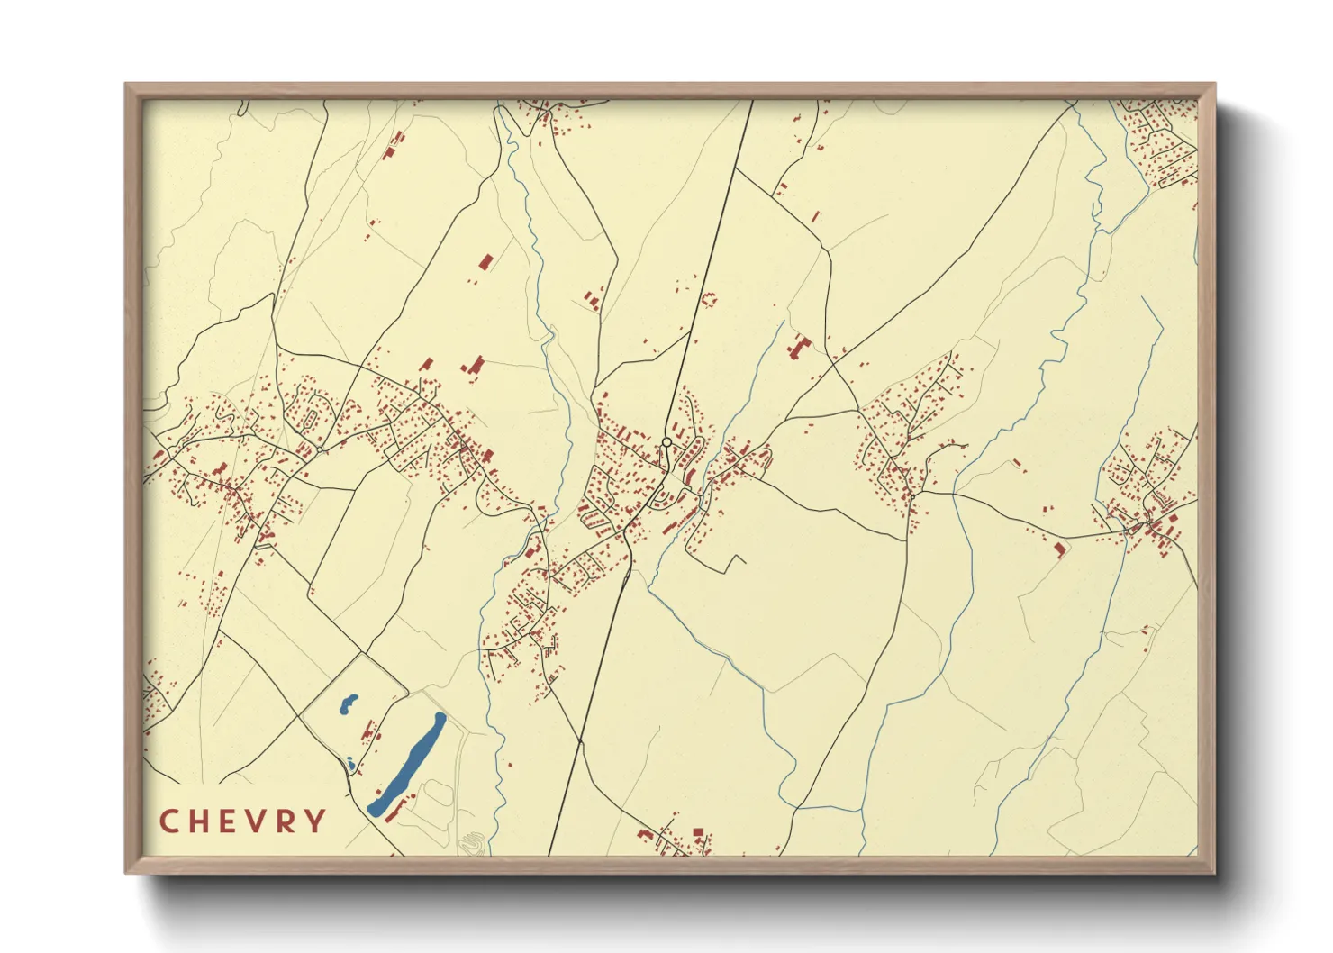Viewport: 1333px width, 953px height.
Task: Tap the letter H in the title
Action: click(x=199, y=821)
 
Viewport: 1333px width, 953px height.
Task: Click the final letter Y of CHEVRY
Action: click(x=316, y=821)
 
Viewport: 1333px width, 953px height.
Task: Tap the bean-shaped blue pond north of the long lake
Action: click(x=348, y=703)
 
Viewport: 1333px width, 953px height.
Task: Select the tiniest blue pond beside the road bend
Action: click(x=349, y=766)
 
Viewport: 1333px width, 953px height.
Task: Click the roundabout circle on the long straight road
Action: click(x=666, y=442)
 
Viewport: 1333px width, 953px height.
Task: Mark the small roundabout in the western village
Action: click(x=320, y=449)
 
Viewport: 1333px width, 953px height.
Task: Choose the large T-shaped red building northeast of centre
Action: click(x=799, y=347)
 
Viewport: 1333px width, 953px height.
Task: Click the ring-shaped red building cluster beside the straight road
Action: click(x=708, y=298)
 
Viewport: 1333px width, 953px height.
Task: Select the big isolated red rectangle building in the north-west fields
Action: click(x=485, y=262)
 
